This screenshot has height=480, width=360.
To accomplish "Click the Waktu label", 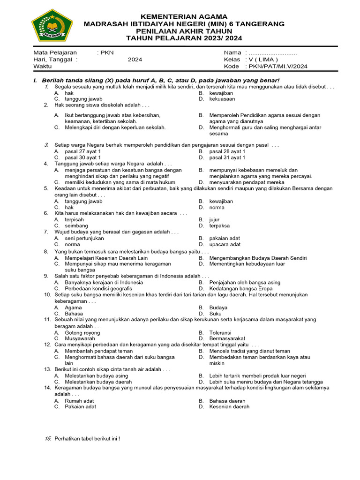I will pyautogui.click(x=43, y=67).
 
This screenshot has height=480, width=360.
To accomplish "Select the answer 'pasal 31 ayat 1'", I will pyautogui.click(x=227, y=158).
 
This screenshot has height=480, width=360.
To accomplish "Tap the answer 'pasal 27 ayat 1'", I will pyautogui.click(x=82, y=152).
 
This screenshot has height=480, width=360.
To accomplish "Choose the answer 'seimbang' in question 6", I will pyautogui.click(x=76, y=225).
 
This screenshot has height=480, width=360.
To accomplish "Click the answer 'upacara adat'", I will pyautogui.click(x=225, y=244).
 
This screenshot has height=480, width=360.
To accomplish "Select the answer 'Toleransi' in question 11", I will pyautogui.click(x=220, y=332).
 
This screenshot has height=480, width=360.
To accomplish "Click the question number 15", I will pyautogui.click(x=47, y=439).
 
